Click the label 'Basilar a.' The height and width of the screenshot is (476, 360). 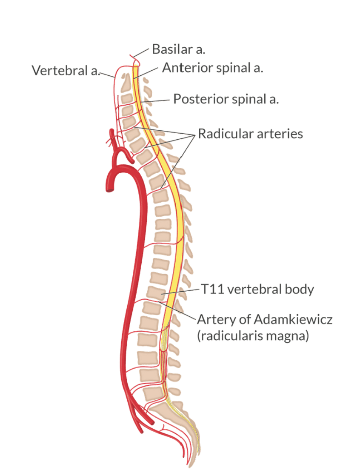[x=178, y=49]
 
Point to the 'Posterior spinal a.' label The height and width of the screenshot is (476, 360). [x=226, y=100]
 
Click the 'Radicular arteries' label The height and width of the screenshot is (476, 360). [x=250, y=134]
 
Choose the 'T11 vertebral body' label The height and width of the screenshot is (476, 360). [x=257, y=290]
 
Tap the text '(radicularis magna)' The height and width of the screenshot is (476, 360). [x=253, y=336]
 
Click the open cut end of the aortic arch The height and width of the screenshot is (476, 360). [x=110, y=187]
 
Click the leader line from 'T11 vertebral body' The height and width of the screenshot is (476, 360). [x=181, y=291]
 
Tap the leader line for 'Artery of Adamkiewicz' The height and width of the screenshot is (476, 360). [x=177, y=310]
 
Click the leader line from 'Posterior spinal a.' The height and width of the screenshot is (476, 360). [x=157, y=101]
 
